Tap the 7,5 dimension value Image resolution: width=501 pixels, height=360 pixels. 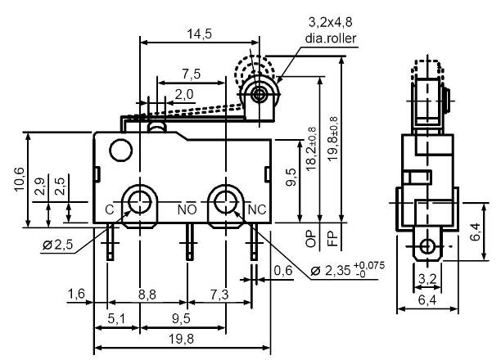(x=192, y=73)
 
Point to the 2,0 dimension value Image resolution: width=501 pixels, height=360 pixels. (x=183, y=94)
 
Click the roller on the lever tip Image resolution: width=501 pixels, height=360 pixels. (x=259, y=95)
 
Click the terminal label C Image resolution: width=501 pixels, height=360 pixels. (x=109, y=209)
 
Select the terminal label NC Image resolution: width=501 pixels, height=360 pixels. (x=256, y=209)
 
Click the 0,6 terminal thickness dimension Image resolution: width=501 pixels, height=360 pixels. (x=283, y=270)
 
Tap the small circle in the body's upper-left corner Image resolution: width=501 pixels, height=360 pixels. (x=120, y=150)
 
